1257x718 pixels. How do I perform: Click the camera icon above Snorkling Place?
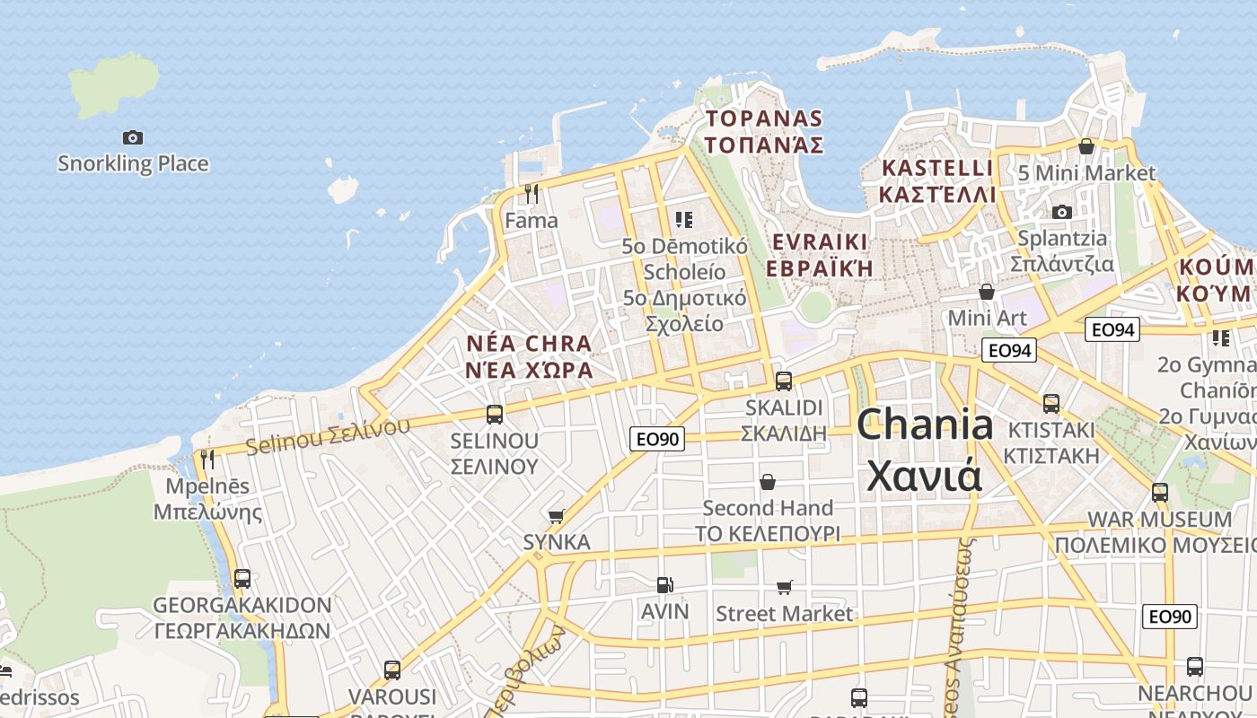point(133,137)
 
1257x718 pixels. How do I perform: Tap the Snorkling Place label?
point(133,163)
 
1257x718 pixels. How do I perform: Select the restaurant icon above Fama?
point(532,193)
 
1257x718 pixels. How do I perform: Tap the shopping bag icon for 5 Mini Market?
point(1086,146)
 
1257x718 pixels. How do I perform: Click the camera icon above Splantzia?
point(1062,213)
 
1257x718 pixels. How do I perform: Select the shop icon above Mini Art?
point(987,292)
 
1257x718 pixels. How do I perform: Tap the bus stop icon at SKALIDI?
point(784,381)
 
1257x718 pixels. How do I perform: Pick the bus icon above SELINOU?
point(495,415)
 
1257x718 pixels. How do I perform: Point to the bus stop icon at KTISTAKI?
point(1051,403)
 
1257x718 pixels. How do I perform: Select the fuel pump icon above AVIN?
point(664,585)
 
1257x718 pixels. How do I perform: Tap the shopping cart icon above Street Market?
point(785,588)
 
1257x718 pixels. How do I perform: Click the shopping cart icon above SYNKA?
point(557,516)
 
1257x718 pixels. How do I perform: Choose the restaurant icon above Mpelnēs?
point(207,460)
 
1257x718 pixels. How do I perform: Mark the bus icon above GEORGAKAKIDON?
point(242,579)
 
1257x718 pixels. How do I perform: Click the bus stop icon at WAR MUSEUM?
point(1160,493)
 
